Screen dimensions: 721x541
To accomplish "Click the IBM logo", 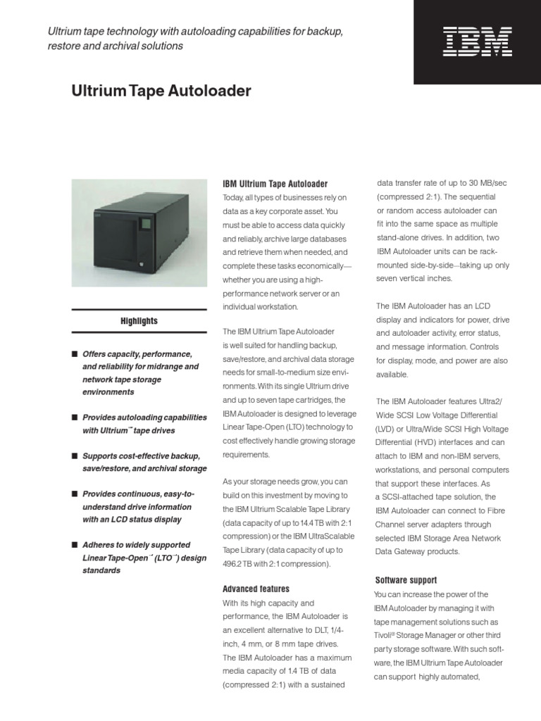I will (477, 41).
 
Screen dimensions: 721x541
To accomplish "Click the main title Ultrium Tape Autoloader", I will (161, 91).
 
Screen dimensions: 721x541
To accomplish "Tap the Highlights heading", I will (139, 321).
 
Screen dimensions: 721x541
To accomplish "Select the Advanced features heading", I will (256, 589).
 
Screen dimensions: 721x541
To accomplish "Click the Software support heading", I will (406, 580).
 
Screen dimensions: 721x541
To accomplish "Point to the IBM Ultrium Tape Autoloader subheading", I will (275, 184).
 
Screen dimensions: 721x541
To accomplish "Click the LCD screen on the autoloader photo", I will (147, 225).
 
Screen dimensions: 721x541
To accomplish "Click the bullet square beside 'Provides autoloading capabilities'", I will (74, 418).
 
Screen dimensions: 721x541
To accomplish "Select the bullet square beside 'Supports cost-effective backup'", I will (74, 456).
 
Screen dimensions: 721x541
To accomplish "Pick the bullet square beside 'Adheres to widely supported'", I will (74, 545).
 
